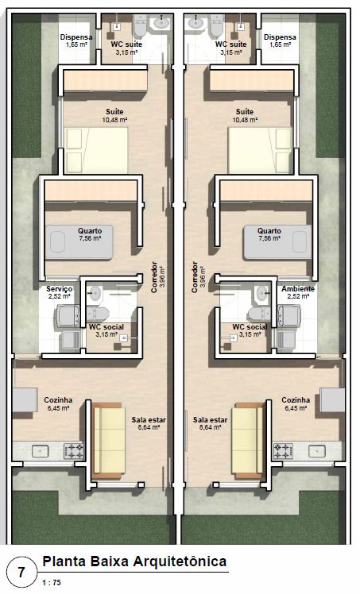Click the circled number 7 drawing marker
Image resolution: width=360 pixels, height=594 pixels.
[21, 571]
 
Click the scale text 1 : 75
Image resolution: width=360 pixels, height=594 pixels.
[51, 583]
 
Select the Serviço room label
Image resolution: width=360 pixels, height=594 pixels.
[60, 289]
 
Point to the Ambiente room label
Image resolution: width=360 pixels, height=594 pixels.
[298, 289]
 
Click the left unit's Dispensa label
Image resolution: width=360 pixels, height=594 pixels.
[76, 37]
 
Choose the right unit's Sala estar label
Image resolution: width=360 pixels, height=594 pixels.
[210, 420]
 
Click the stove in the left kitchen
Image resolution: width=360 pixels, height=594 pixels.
[73, 450]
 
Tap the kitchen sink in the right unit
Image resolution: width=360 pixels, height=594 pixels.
[317, 451]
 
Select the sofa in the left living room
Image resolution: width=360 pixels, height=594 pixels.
[108, 441]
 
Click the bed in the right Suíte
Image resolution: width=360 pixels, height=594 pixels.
[260, 150]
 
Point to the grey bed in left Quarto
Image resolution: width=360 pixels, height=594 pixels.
[79, 242]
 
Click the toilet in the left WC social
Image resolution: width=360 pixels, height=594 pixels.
[98, 314]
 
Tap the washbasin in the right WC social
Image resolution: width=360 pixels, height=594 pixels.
[261, 293]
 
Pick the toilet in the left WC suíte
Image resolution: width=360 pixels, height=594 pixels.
[140, 25]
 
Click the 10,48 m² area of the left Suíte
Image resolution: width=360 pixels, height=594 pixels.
[114, 120]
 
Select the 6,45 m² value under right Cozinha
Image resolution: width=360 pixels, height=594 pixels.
[296, 408]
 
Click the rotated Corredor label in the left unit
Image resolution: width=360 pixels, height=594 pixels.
[154, 276]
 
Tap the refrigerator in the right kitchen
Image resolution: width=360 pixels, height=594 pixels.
[332, 400]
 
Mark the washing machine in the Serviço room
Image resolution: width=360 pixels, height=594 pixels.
[68, 316]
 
